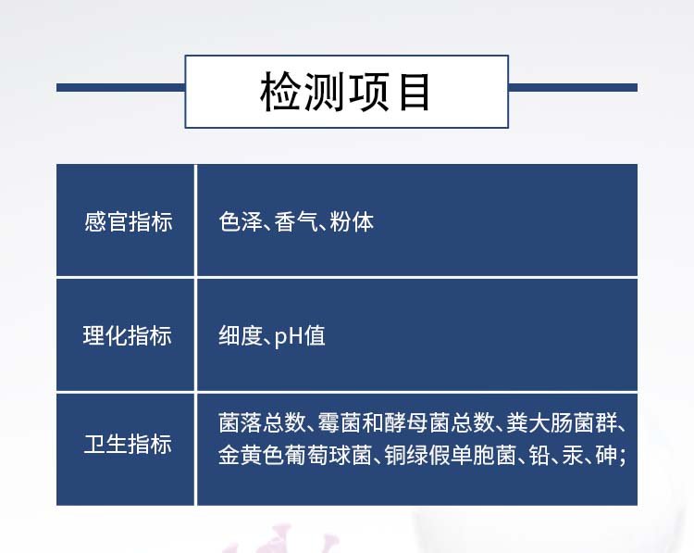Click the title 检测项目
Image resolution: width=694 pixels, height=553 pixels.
345,92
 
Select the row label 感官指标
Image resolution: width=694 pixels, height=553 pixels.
129,221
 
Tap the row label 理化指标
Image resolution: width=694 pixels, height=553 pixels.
128,335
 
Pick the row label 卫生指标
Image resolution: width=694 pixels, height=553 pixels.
128,444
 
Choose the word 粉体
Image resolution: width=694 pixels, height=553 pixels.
352,221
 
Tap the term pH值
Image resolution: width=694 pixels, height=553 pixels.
300,336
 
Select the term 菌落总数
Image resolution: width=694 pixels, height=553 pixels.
262,422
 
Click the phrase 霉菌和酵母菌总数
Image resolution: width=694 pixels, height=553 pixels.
406,422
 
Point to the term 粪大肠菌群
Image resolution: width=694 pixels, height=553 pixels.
562,422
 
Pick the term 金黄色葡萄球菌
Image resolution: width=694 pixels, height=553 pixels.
295,455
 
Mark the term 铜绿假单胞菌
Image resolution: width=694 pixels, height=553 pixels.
451,455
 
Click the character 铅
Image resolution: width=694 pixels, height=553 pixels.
539,455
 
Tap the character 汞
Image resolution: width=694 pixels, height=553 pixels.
573,455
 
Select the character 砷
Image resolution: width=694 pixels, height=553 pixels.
606,455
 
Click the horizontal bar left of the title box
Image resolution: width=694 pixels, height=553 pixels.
121,88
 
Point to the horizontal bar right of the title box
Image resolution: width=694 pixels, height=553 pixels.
573,88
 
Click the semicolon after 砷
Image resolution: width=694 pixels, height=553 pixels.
623,458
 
